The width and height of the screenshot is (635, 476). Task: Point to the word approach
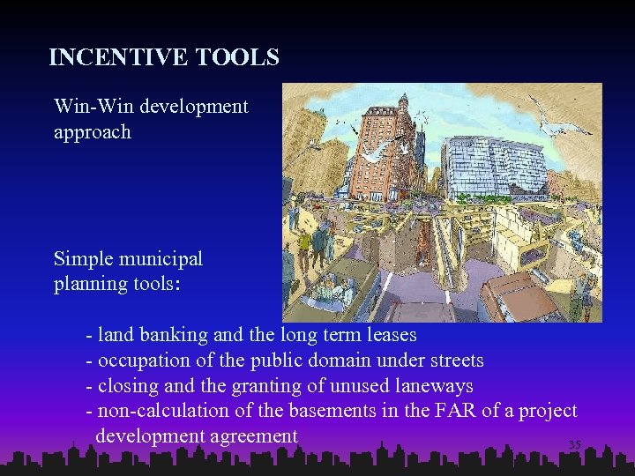click(x=92, y=132)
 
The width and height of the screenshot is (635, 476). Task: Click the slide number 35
click(x=574, y=445)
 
